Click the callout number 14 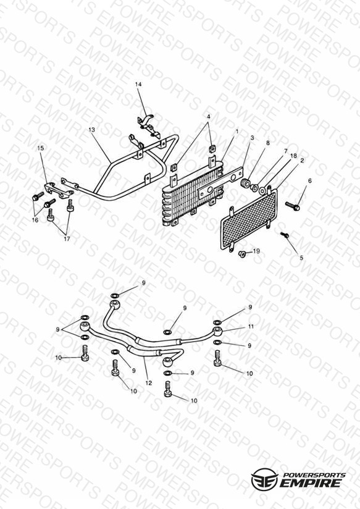pos(138,85)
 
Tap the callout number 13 pos(91,130)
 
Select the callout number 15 pos(41,148)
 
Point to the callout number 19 pos(256,251)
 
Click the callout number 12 pos(149,383)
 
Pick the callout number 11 pos(251,327)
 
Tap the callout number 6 pos(310,181)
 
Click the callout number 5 pos(301,258)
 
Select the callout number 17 pos(67,239)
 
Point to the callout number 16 pos(35,220)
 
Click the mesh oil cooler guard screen pos(249,219)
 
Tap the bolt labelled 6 pos(293,206)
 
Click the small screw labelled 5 pos(285,234)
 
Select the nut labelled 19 pos(242,253)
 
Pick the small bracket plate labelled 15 pos(59,190)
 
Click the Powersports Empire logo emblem pos(264,479)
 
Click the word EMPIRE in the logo pos(311,482)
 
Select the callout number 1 pos(237,132)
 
